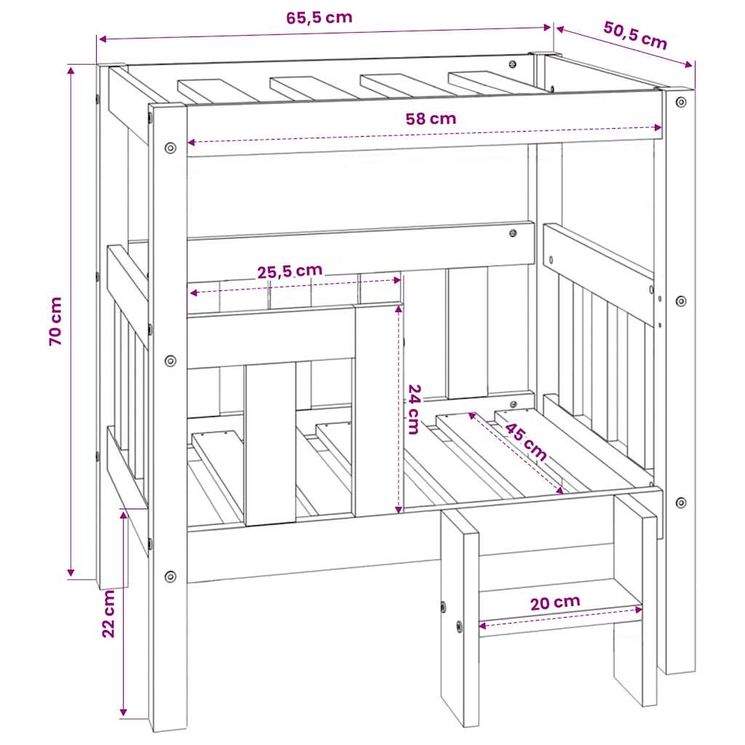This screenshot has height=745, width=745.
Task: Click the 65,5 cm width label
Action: (x=319, y=18)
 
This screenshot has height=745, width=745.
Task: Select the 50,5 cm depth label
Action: (x=635, y=35)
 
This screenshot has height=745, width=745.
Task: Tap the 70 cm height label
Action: (x=55, y=321)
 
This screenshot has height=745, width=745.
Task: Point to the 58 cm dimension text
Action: (x=431, y=119)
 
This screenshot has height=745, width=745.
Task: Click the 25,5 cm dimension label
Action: (x=290, y=271)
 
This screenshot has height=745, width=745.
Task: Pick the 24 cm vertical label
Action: (x=414, y=409)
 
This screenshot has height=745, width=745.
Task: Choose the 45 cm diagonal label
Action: (x=525, y=442)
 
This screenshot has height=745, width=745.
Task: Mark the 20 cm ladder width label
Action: (x=555, y=603)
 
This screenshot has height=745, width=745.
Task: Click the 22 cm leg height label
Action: (x=109, y=614)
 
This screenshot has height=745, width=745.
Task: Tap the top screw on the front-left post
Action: (x=170, y=148)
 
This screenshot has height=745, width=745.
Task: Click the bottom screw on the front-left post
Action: (x=170, y=577)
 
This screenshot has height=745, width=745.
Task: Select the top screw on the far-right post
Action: (x=681, y=102)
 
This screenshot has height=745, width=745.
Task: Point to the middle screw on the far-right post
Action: (x=681, y=301)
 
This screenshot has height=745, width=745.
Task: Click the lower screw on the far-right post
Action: (x=681, y=503)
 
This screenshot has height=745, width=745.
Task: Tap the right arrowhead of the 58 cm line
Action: (x=658, y=127)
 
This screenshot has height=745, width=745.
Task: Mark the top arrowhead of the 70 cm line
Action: (x=71, y=71)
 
